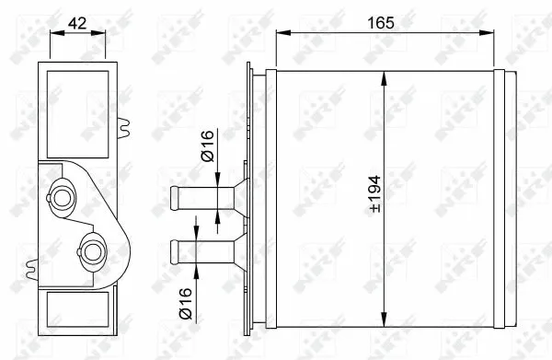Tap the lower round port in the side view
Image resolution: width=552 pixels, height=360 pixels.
[x=93, y=250]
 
